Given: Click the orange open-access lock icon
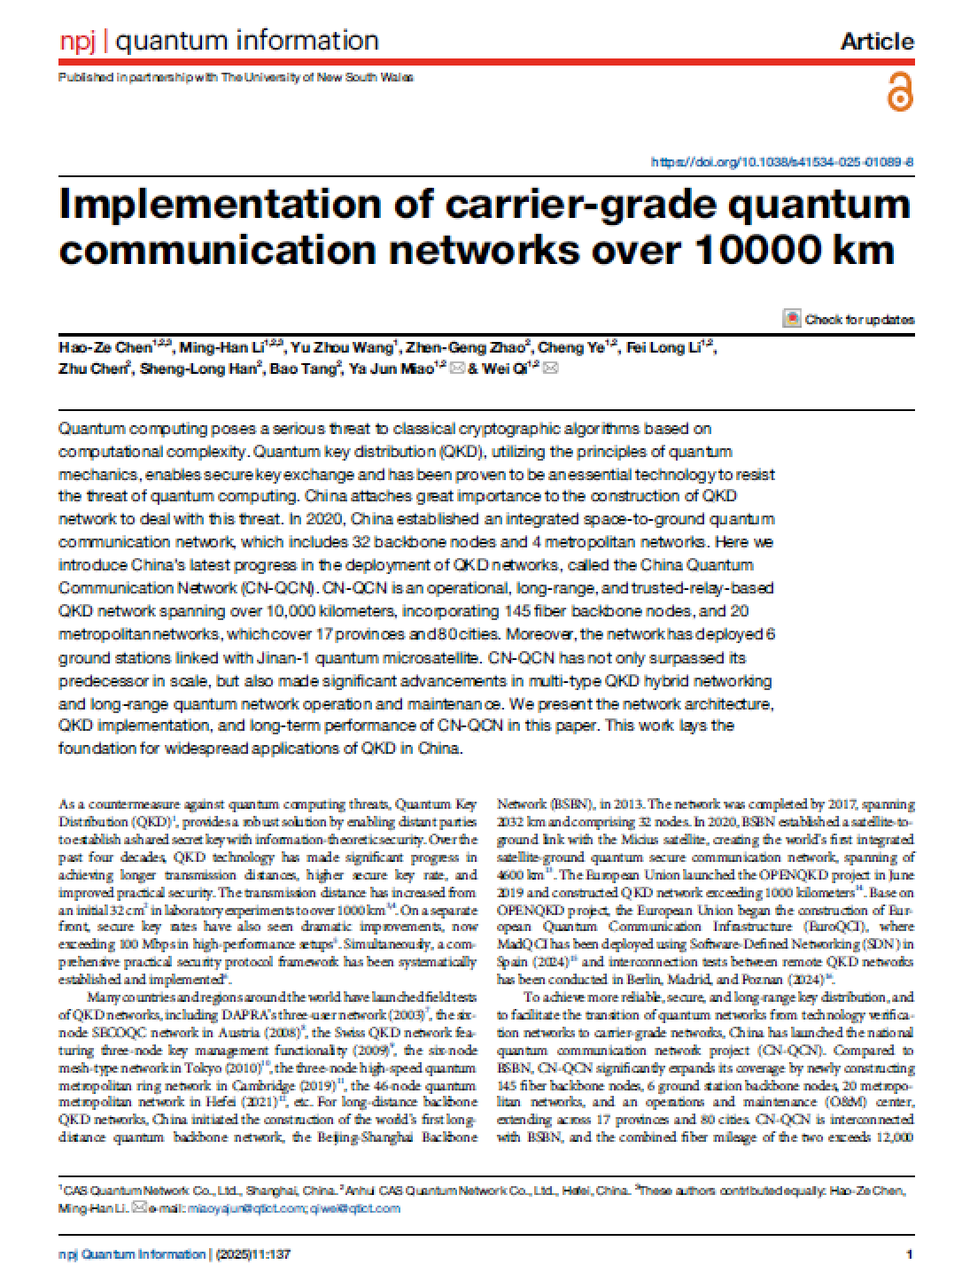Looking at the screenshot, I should click(899, 92).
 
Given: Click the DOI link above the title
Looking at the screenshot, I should click(782, 162).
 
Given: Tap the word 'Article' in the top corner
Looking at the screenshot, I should click(876, 42).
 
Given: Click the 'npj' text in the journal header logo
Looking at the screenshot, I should click(77, 41).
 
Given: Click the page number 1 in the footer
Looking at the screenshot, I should click(910, 1254).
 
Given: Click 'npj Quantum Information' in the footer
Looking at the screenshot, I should click(131, 1254).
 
